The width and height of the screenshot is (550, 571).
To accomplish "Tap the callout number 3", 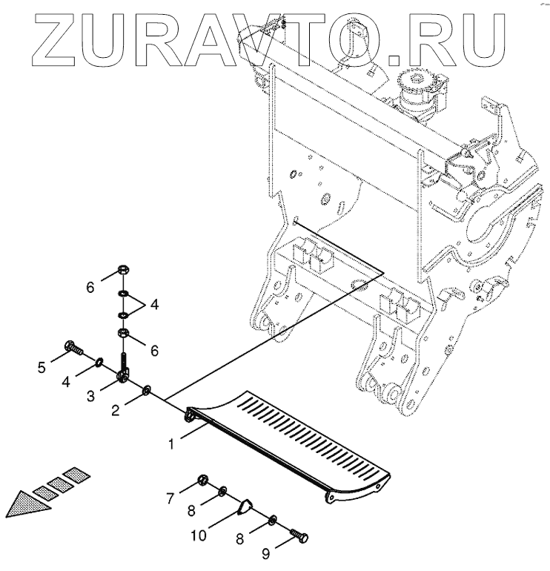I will pyautogui.click(x=90, y=397).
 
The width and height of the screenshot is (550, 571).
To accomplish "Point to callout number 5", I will pyautogui.click(x=42, y=366).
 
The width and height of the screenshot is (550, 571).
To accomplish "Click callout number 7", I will pyautogui.click(x=171, y=498).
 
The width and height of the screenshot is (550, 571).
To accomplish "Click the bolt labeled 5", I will pyautogui.click(x=73, y=346).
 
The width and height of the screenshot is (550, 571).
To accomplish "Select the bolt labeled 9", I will pyautogui.click(x=299, y=535).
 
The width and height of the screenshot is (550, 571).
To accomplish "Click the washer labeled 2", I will pyautogui.click(x=147, y=389).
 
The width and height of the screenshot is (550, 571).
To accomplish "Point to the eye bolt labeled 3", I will pyautogui.click(x=122, y=375).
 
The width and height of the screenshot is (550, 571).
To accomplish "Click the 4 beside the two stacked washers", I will pyautogui.click(x=155, y=303).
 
